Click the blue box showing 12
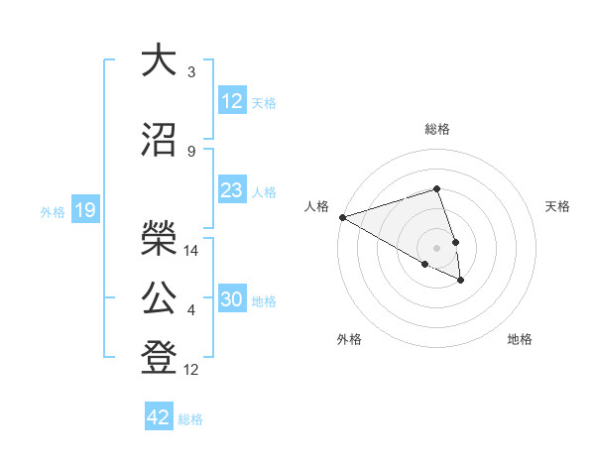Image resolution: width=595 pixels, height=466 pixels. click(x=232, y=101)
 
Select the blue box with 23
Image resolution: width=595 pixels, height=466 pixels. click(x=232, y=190)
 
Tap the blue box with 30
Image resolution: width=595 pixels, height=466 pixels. click(x=232, y=300)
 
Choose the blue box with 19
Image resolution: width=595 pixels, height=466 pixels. click(x=84, y=210)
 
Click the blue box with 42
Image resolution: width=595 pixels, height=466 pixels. click(x=159, y=417)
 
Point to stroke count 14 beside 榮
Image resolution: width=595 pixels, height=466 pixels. click(x=192, y=251)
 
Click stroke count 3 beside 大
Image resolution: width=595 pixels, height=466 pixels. click(x=191, y=72)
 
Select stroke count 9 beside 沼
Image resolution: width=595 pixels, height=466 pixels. click(x=191, y=152)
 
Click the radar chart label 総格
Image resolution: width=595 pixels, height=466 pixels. click(x=436, y=129)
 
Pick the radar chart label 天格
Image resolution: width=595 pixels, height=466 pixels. click(x=558, y=206)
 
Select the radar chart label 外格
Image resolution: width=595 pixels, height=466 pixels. click(x=349, y=339)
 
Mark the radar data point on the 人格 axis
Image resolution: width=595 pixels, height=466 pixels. click(x=342, y=216)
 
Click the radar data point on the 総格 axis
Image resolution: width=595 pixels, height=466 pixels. click(x=436, y=188)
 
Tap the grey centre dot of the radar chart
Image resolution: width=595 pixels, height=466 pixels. click(x=436, y=247)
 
